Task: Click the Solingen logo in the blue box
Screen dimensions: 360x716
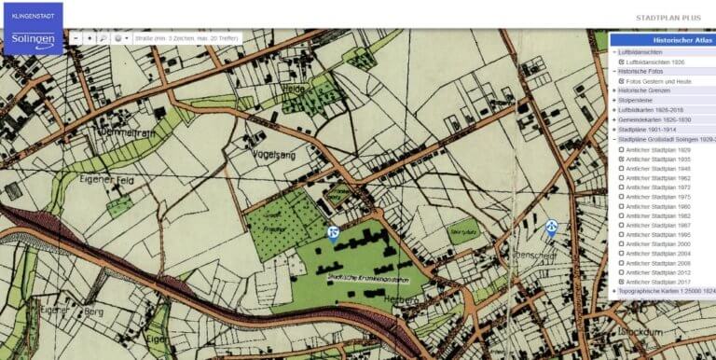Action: (x=33, y=40)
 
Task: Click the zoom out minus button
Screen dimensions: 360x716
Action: (x=76, y=38)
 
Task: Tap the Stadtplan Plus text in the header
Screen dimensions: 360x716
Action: (x=668, y=18)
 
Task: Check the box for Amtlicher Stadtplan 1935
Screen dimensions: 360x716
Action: (x=622, y=159)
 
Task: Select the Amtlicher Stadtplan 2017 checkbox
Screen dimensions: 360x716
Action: (x=622, y=282)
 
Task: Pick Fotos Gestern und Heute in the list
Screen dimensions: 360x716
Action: (x=657, y=81)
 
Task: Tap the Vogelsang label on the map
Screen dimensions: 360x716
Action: (x=273, y=156)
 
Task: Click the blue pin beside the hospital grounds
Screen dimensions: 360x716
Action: (x=333, y=232)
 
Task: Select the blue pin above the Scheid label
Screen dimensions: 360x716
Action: (x=552, y=227)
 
